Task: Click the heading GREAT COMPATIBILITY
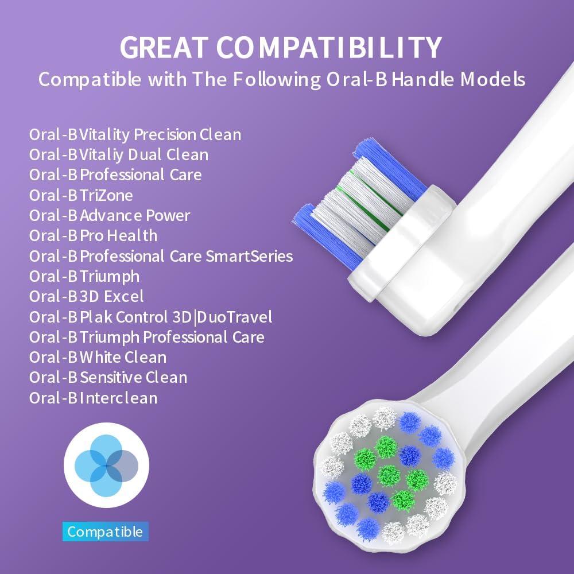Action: (x=281, y=47)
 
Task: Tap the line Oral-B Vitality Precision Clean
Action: (x=135, y=134)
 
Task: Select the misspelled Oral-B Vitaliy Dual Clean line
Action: (x=119, y=154)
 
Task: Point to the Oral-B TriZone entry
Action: (x=81, y=195)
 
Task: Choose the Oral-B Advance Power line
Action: (x=110, y=216)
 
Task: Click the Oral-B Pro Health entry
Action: (x=93, y=236)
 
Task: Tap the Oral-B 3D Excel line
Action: (x=86, y=297)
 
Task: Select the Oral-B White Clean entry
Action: (x=98, y=358)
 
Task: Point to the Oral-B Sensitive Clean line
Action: (x=108, y=378)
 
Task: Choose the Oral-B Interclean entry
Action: (x=93, y=398)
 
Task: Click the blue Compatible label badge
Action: (x=105, y=532)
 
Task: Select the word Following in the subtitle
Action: (x=267, y=79)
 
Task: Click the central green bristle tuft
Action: (x=389, y=475)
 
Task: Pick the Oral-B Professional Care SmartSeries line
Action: (x=161, y=256)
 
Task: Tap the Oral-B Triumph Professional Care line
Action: (x=146, y=337)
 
